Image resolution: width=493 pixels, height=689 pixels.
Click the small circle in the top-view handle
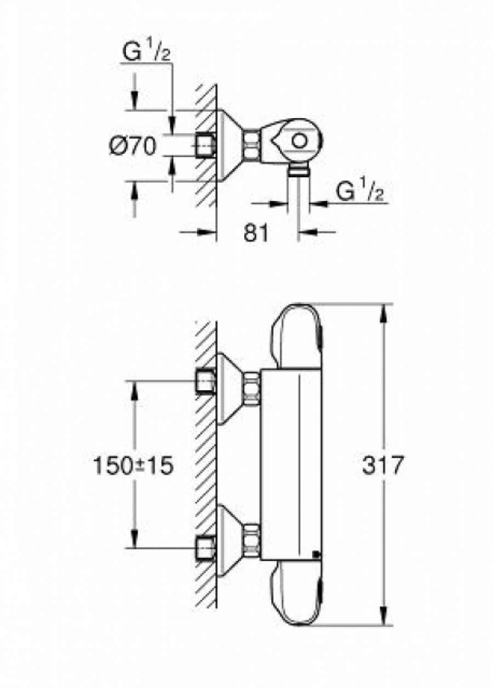pos(299,142)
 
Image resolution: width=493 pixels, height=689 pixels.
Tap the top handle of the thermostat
pos(296,335)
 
